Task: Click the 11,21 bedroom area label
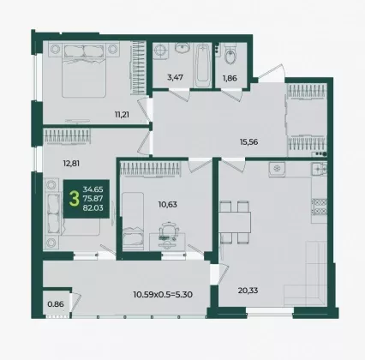coord(122,115)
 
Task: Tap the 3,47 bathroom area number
coord(175,77)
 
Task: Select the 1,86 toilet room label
coord(230,78)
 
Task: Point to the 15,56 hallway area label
coord(249,142)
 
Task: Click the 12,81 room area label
coord(71,164)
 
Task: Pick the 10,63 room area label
coord(168,205)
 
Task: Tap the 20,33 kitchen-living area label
coord(248,291)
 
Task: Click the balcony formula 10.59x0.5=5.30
coord(163,294)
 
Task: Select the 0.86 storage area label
coord(56,304)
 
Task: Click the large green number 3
coord(75,199)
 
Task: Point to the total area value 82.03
coord(93,208)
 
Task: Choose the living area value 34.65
coord(93,189)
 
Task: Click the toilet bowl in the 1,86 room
coord(230,55)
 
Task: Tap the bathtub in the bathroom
coord(202,66)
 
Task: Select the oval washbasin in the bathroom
coord(182,48)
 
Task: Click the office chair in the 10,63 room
coord(169,231)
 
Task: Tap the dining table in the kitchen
coord(235,222)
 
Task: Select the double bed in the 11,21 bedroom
coord(84,70)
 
